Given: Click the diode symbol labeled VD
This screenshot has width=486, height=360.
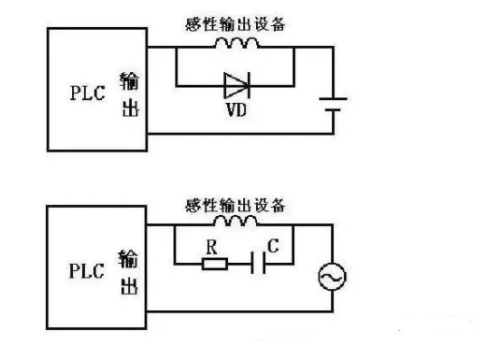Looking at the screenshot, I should pos(235,87).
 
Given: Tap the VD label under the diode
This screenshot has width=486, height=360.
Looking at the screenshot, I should pos(235,110).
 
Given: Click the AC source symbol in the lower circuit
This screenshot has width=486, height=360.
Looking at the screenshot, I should pos(331,277).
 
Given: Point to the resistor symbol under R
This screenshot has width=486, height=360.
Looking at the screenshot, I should pos(213,264).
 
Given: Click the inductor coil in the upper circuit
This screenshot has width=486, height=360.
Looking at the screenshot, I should pos(235,43).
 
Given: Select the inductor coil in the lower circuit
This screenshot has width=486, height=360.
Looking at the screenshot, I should pos(234,223).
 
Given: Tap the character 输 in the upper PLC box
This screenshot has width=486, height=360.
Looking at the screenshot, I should pos(128,79).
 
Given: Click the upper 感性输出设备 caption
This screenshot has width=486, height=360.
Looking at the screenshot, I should pos(235,24).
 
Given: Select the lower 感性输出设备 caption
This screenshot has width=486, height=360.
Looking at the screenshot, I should pos(235,204).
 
